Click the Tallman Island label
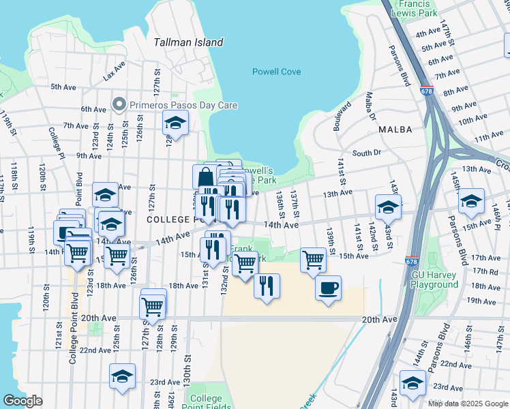point(188,42)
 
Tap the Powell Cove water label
point(276,72)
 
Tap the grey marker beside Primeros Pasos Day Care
point(120,105)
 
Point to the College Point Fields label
point(206,403)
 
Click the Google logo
point(22,401)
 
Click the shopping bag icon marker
point(205,178)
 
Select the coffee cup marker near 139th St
point(328,287)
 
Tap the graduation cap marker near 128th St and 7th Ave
point(175,123)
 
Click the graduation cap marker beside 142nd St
point(388,206)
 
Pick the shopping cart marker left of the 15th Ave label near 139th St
point(313,259)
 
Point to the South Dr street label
point(366,153)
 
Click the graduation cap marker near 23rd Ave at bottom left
point(122,376)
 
